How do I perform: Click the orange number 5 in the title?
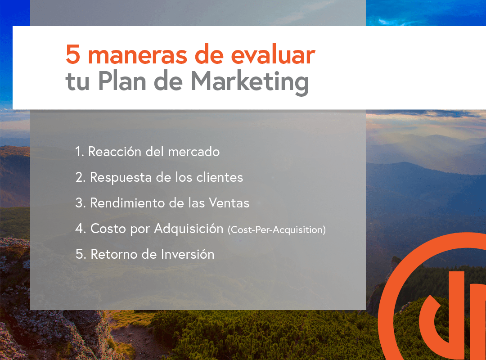point(73,54)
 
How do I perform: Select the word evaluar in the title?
point(273,54)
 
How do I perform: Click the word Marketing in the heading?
point(250,82)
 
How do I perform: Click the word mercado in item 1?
point(193,152)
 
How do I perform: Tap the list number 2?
point(80,177)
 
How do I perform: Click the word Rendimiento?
point(127,203)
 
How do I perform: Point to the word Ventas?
point(229,203)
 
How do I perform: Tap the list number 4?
point(80,229)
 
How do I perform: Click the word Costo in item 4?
point(108,229)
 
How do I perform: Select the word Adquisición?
point(189,229)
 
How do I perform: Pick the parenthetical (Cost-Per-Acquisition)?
point(277,230)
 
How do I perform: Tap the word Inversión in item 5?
point(188,254)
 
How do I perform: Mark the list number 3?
point(80,203)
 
